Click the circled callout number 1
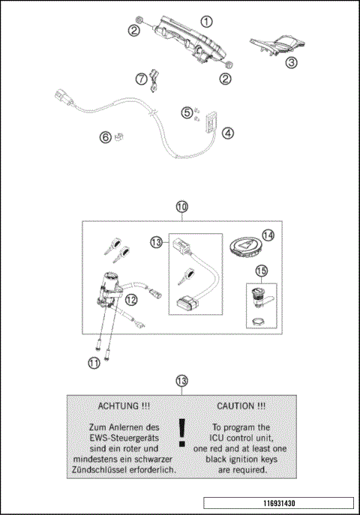pos(206,22)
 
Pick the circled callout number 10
pos(181,205)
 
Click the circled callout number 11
pos(93,363)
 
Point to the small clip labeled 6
pos(118,137)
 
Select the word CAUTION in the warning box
pos(240,406)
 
